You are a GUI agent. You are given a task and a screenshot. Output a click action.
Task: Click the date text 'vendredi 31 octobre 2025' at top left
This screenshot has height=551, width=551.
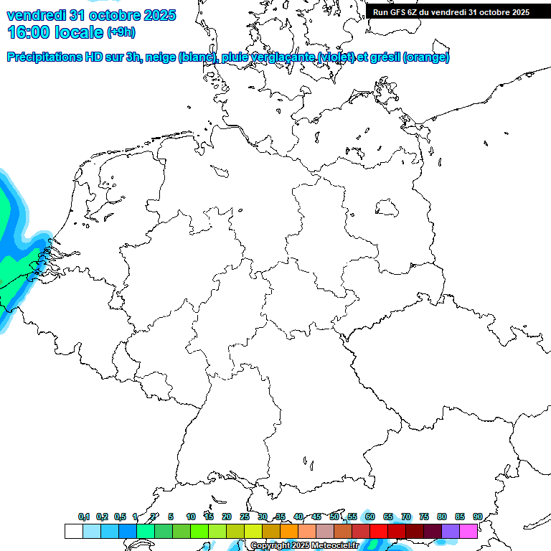(90, 15)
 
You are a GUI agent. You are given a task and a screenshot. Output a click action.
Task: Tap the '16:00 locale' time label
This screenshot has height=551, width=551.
(55, 32)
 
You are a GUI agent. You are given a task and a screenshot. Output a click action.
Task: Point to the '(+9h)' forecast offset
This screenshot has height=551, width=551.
(121, 32)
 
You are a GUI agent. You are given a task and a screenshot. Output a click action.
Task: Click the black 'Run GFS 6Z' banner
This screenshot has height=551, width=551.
(451, 11)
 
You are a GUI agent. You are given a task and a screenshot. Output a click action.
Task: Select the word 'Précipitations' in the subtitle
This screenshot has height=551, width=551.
(44, 57)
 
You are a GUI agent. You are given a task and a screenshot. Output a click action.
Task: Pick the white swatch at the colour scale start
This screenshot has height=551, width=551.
(73, 531)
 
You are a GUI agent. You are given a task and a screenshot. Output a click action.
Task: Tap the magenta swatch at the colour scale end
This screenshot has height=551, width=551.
(468, 531)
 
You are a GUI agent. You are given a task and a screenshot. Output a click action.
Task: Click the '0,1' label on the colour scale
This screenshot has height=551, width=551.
(83, 517)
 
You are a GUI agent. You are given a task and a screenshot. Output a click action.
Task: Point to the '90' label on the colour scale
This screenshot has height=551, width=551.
(477, 517)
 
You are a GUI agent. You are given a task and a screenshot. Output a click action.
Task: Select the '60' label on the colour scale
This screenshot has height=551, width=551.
(370, 517)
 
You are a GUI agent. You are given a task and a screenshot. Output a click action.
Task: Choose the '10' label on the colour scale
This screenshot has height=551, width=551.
(191, 517)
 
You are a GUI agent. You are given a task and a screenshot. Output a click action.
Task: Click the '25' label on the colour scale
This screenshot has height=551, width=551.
(245, 517)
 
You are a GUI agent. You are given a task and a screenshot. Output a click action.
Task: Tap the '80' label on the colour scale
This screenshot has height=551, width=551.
(441, 517)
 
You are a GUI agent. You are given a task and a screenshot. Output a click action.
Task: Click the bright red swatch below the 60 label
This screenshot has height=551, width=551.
(379, 531)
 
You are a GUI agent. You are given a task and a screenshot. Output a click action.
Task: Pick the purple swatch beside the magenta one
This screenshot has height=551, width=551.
(451, 531)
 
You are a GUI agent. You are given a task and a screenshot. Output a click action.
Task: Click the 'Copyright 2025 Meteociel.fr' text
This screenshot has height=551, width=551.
(305, 546)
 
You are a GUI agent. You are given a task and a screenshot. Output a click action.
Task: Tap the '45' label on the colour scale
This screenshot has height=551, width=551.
(316, 517)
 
